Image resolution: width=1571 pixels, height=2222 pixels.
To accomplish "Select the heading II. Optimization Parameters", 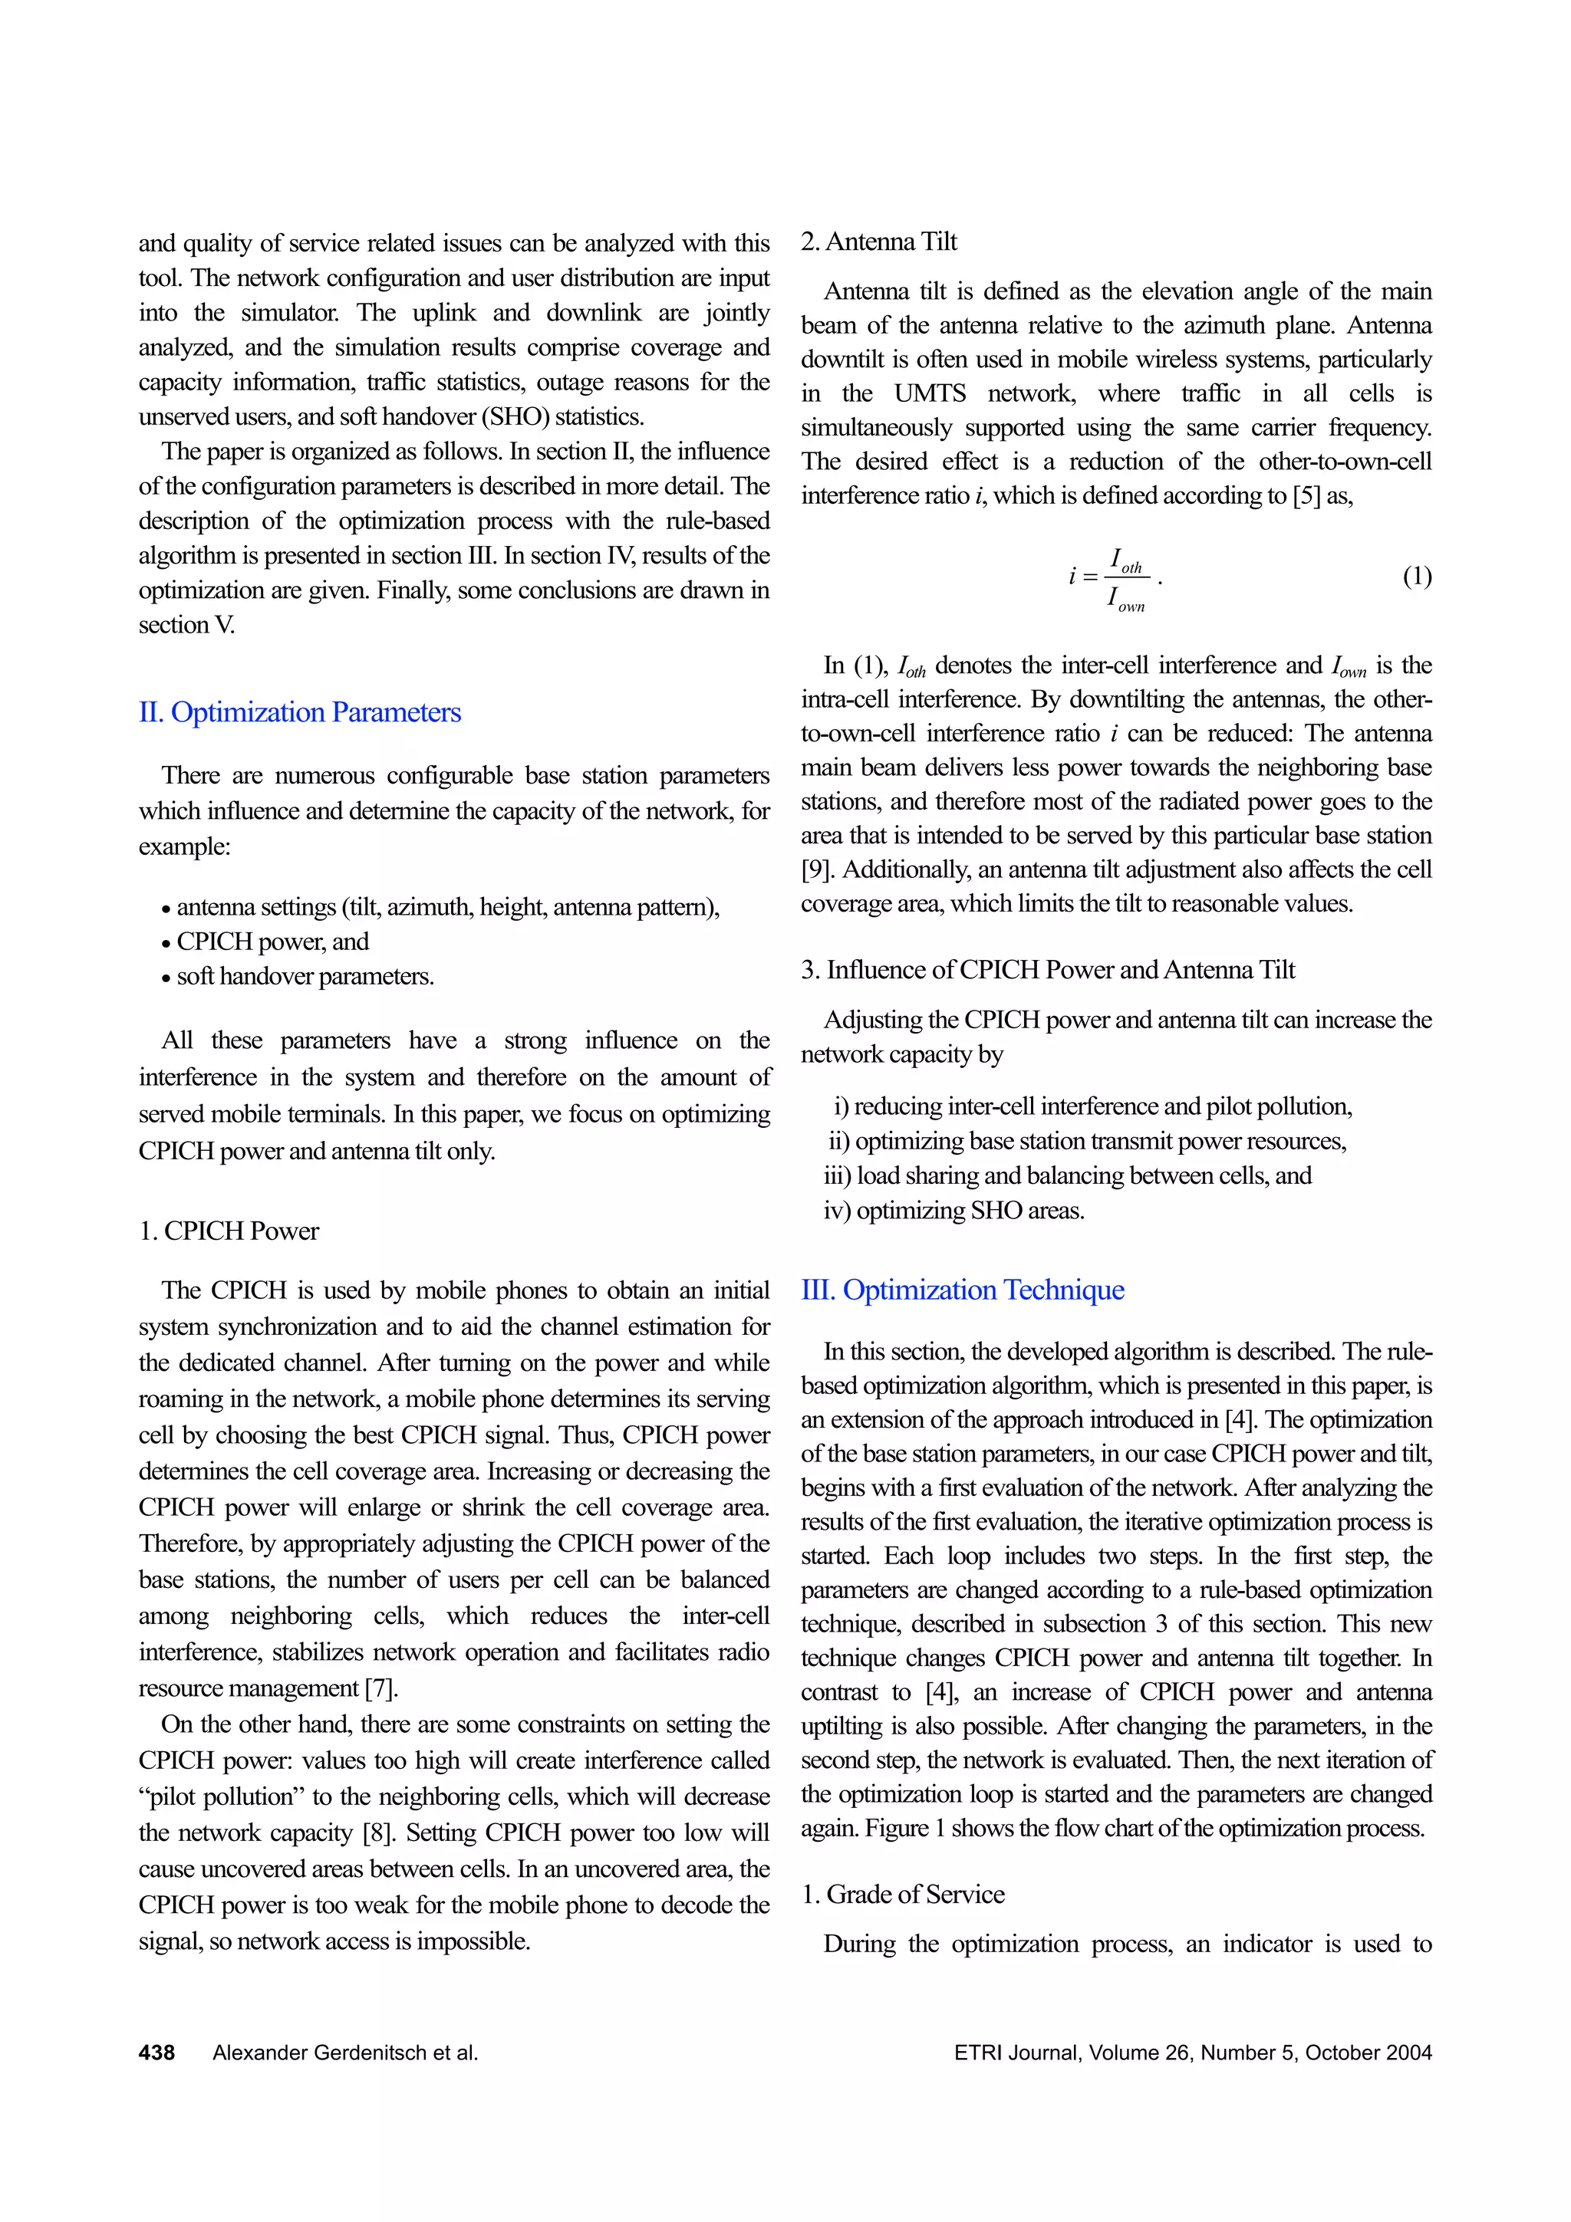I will [x=300, y=712].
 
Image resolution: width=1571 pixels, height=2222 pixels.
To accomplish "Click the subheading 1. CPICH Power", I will [x=229, y=1231].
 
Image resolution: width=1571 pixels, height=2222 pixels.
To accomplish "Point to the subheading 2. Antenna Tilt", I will [x=878, y=242].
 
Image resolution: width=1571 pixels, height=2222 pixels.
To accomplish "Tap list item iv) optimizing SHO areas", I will [x=953, y=1211].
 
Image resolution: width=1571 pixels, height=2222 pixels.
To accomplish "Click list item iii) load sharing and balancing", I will [x=1068, y=1176].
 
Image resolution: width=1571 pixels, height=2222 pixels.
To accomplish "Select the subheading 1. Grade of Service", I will [x=902, y=1894].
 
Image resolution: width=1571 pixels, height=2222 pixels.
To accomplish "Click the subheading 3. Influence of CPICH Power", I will [x=1047, y=970].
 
